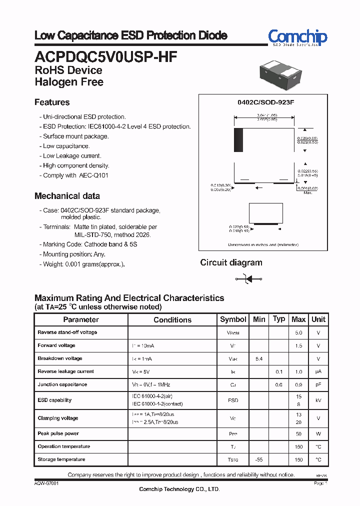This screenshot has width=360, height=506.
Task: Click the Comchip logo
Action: click(x=297, y=37)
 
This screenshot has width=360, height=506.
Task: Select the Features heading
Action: click(x=52, y=102)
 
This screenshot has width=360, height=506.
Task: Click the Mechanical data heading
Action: click(x=67, y=196)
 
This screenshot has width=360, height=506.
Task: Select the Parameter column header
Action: click(x=81, y=319)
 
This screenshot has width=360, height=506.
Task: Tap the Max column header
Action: click(x=298, y=319)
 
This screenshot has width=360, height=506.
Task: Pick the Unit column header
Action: click(x=318, y=319)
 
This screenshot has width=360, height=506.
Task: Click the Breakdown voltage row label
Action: click(x=59, y=358)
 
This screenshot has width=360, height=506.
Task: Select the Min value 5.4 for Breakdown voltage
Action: click(x=259, y=359)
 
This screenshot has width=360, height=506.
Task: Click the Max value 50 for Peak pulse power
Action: click(x=298, y=434)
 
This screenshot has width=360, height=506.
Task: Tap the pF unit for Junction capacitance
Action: click(x=318, y=385)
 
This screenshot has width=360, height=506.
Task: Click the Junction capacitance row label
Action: click(x=62, y=384)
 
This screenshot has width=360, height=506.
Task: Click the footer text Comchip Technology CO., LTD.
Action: click(x=179, y=489)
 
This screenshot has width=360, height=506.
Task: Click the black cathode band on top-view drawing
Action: click(x=238, y=139)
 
